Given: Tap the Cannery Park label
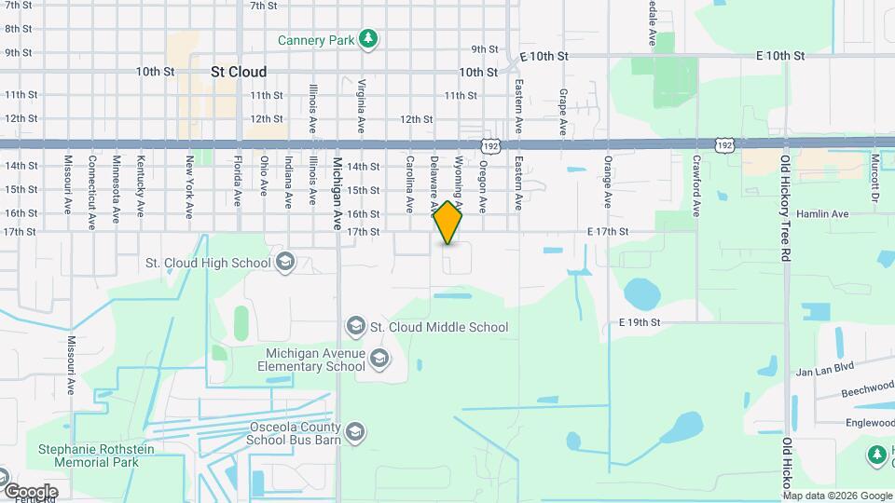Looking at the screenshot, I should click(x=315, y=40).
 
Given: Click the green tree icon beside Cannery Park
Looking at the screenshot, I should click(x=370, y=38).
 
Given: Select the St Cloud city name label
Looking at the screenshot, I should click(x=239, y=72).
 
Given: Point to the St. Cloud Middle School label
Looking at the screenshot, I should click(x=439, y=327).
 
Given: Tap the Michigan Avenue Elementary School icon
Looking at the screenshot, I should click(x=379, y=358).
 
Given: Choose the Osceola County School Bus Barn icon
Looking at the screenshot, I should click(x=355, y=432).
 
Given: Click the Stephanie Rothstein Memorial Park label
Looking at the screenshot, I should click(x=89, y=455).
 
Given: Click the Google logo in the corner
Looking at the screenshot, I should click(x=31, y=491).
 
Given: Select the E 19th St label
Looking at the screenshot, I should click(x=639, y=322).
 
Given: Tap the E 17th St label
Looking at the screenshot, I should click(x=609, y=231).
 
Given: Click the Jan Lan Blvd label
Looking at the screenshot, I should click(x=824, y=369).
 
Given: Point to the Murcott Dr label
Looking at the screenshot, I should click(x=875, y=177).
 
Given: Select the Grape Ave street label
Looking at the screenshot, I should click(x=563, y=112).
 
